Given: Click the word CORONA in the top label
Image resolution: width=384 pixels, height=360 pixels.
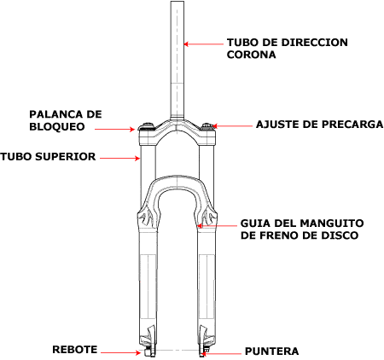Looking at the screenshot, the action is tap(251, 55).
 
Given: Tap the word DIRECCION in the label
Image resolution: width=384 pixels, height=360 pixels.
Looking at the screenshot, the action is tap(314, 43).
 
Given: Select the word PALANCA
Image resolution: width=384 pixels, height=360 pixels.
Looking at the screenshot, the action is tap(54, 114).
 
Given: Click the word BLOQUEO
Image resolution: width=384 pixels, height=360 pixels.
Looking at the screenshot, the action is tap(57, 126).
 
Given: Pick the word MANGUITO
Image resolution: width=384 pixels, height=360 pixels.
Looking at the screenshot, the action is tap(332, 224).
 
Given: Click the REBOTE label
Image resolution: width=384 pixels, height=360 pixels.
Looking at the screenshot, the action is tap(75, 350).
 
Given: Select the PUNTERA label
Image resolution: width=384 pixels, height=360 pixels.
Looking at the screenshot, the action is tap(272, 351).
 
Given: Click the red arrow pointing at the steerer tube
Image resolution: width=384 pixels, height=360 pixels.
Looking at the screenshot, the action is tap(204, 44).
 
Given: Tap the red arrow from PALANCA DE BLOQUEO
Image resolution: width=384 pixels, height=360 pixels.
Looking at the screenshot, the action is tap(114, 130).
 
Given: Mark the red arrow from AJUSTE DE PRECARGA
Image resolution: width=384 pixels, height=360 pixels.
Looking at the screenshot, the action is tap(232, 125).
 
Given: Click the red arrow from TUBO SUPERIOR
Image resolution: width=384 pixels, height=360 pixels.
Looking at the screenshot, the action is tap(120, 158).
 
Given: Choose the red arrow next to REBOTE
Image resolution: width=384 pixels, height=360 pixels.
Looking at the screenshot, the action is tap(121, 353).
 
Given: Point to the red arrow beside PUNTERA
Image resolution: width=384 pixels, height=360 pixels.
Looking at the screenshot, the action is tap(221, 354).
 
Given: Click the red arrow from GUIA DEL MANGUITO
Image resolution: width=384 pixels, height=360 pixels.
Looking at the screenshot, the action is tap(218, 226).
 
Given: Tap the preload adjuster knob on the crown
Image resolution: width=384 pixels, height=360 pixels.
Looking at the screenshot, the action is tap(207, 126).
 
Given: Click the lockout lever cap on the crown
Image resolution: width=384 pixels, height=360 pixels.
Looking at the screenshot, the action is tap(147, 126).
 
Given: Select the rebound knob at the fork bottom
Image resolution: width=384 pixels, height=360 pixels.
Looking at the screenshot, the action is tap(148, 352).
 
